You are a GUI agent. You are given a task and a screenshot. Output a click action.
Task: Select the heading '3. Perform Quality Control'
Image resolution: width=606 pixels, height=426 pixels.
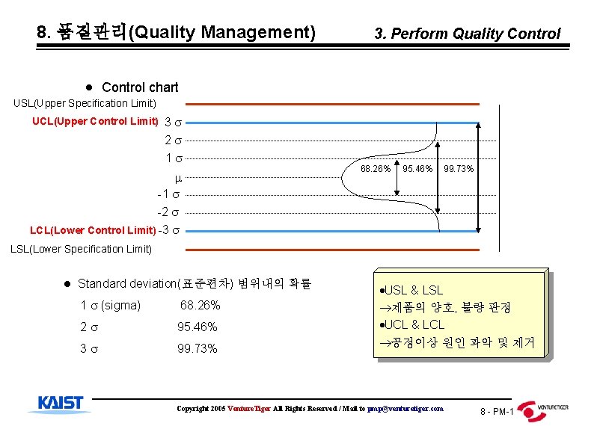click(x=467, y=34)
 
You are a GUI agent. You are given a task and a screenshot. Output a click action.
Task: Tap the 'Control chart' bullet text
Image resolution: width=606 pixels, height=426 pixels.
click(x=140, y=87)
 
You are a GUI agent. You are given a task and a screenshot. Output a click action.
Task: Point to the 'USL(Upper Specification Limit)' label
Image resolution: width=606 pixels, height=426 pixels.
click(x=85, y=103)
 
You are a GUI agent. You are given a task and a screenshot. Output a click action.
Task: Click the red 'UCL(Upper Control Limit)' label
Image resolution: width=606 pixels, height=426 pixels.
click(x=95, y=121)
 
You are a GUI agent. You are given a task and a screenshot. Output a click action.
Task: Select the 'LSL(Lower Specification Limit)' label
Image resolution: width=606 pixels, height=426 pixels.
click(x=81, y=248)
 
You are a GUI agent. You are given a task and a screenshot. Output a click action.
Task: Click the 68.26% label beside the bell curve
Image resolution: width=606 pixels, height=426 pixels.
click(x=376, y=169)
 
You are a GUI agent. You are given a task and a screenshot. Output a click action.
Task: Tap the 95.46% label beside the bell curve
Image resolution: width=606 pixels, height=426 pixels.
click(x=417, y=169)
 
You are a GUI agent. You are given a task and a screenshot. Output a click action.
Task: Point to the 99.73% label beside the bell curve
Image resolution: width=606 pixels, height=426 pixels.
click(x=459, y=169)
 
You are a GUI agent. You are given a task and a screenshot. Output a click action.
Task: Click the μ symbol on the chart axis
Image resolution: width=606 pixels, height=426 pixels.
click(x=178, y=179)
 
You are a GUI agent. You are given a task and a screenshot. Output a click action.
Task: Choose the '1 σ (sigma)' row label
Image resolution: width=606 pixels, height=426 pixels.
click(x=110, y=305)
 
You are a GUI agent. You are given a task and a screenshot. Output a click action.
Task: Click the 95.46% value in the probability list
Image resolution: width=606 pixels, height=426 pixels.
click(x=198, y=327)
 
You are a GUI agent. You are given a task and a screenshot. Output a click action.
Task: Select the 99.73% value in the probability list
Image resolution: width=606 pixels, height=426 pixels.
click(x=198, y=348)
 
